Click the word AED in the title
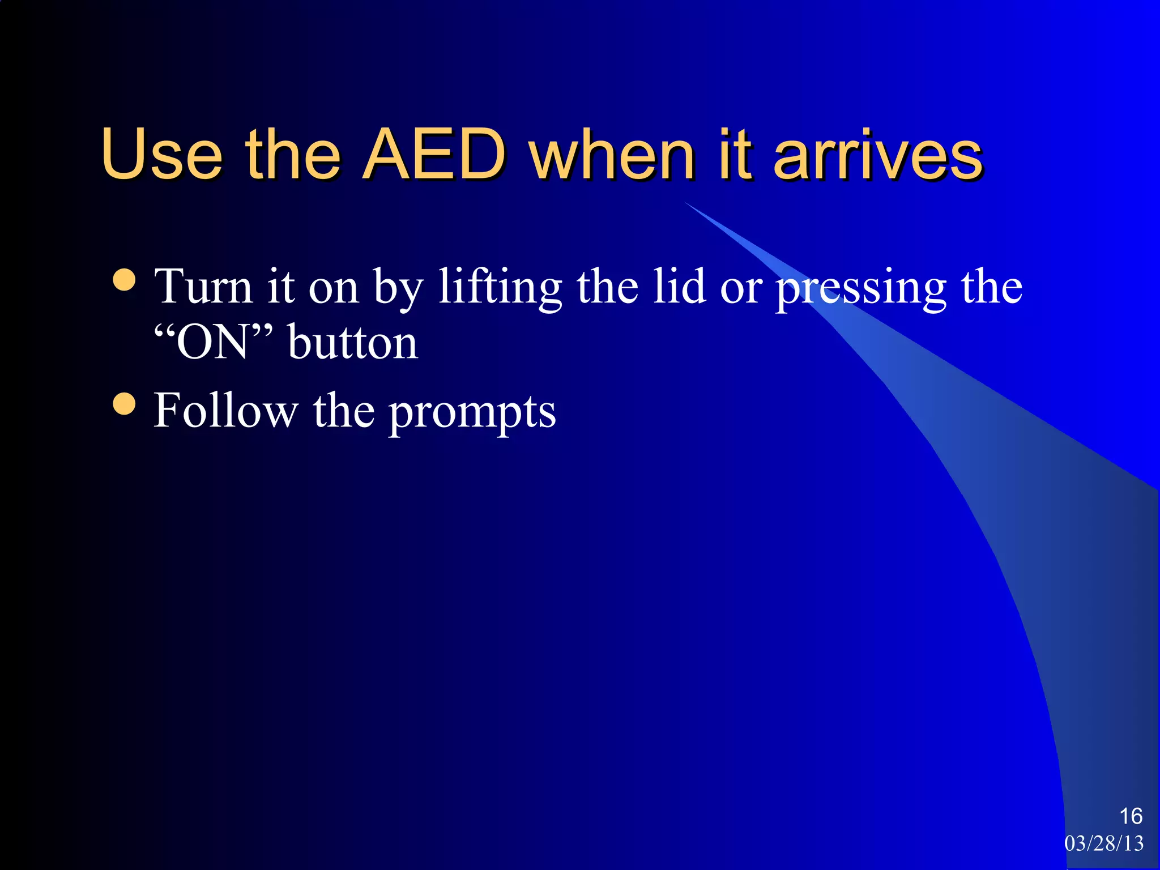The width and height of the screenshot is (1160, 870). coord(434,154)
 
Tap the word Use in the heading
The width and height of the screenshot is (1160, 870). coord(162,154)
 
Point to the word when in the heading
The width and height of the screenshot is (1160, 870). coord(612,154)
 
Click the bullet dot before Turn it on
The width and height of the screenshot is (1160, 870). coord(125,280)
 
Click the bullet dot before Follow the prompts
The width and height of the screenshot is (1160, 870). coord(125,404)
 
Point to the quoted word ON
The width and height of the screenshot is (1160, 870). coord(213,342)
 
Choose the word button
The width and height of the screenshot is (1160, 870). coord(353,342)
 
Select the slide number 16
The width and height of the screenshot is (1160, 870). coord(1131,816)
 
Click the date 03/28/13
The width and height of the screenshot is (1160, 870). coord(1104,843)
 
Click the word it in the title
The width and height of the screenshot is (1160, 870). coord(735,154)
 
